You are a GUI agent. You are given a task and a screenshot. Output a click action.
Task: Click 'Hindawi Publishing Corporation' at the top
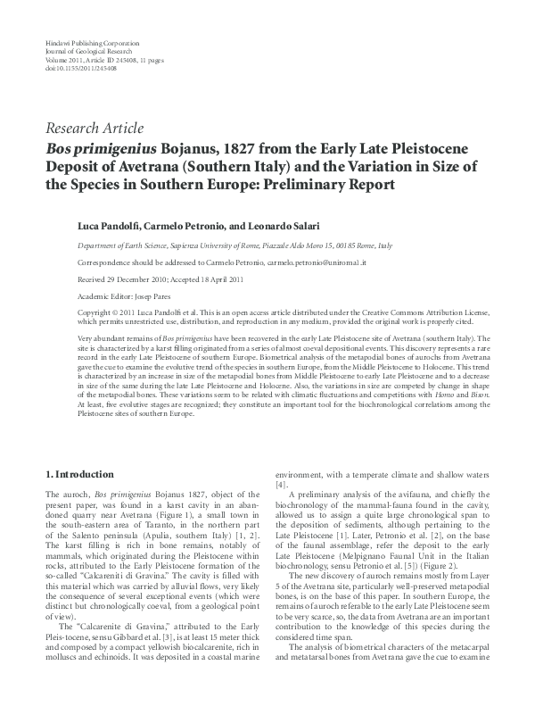tap(85, 43)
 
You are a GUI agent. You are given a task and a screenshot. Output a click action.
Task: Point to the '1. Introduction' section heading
tap(78, 474)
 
